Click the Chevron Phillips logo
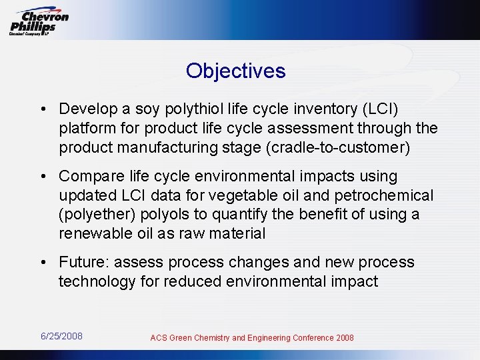(x=39, y=22)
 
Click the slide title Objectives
(x=236, y=71)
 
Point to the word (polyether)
(x=93, y=215)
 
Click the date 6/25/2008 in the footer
(x=61, y=336)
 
